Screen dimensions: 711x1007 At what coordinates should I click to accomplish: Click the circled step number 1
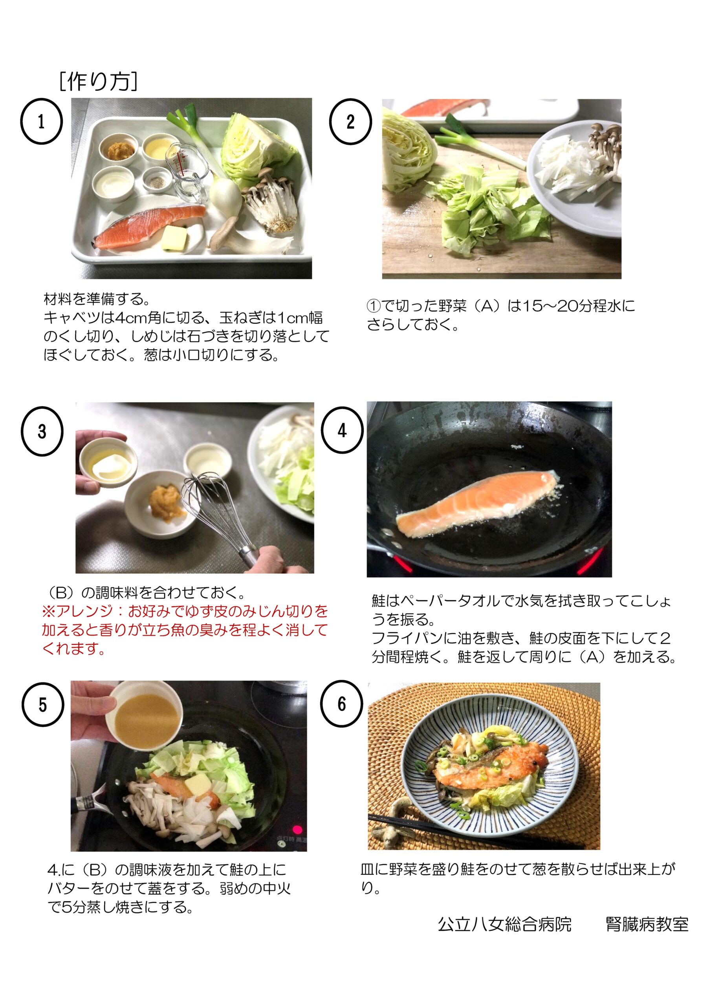41,121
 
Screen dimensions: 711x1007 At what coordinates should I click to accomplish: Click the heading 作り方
98,81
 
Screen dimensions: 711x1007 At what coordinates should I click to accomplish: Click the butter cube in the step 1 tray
174,239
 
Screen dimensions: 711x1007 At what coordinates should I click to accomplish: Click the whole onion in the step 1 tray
225,195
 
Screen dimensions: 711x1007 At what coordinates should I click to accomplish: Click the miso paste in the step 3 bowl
165,500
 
